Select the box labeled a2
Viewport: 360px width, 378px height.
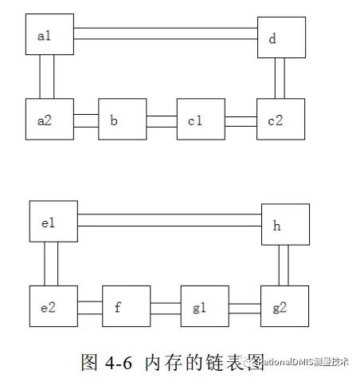click(49, 121)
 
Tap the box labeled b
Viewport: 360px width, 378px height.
click(123, 121)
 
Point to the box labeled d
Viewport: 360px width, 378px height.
click(280, 37)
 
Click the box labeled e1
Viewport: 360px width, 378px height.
click(53, 222)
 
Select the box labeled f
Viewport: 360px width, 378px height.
click(127, 307)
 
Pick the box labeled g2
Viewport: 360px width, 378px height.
click(283, 307)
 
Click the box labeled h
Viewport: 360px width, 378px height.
click(285, 226)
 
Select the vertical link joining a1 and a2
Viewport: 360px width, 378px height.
click(46, 77)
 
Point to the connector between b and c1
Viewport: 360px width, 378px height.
click(162, 121)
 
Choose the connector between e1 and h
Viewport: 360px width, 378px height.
click(170, 220)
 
